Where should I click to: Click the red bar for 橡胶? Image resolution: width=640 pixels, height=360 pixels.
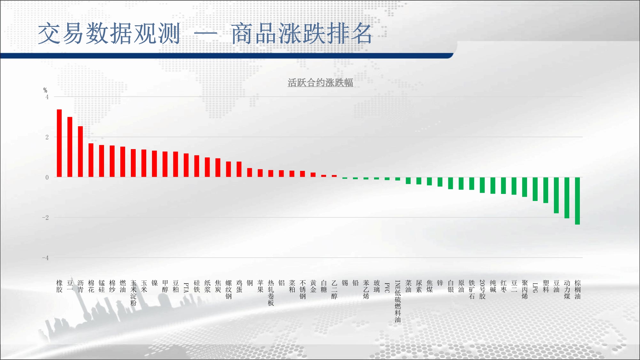[x=59, y=143]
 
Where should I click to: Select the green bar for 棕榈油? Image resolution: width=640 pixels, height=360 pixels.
[x=577, y=201]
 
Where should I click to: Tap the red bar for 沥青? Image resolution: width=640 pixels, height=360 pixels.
[x=80, y=152]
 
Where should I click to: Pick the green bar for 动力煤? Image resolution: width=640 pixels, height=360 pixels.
[x=567, y=198]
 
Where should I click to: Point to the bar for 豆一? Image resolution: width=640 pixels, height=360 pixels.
[x=70, y=147]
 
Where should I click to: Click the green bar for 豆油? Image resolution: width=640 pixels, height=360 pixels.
[x=556, y=195]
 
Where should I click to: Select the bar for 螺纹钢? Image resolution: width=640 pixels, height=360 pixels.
[x=228, y=169]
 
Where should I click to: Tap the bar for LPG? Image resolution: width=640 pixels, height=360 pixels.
[x=535, y=189]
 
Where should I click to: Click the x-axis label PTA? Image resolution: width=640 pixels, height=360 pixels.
[x=186, y=288]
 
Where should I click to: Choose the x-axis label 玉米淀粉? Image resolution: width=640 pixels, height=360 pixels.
[x=133, y=293]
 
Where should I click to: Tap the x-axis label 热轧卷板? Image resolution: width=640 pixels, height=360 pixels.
[x=271, y=293]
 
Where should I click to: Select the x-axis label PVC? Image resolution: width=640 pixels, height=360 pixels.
[x=387, y=288]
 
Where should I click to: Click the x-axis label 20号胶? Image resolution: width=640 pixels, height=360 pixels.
[x=482, y=290]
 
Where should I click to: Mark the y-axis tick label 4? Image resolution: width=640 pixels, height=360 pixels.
[x=47, y=97]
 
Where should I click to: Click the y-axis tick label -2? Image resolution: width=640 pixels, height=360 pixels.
[x=45, y=218]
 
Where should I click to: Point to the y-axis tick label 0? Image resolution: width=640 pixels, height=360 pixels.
[x=47, y=177]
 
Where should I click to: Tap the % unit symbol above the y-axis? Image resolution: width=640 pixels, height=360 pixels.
[x=45, y=90]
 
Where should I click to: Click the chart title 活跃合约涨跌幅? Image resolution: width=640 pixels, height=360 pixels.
[x=320, y=83]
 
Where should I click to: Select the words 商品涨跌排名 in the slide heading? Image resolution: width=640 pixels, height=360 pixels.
[x=301, y=33]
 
